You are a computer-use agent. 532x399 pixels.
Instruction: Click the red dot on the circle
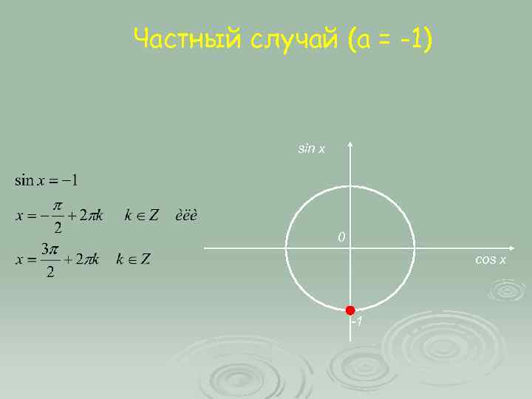click(x=350, y=310)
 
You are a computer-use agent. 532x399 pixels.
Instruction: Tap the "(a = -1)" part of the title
click(x=389, y=39)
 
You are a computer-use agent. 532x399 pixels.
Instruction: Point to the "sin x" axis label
click(x=311, y=149)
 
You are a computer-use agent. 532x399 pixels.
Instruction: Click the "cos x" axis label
click(x=491, y=260)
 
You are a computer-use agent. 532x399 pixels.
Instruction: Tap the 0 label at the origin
click(x=341, y=237)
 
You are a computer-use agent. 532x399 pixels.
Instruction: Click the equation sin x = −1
click(x=47, y=180)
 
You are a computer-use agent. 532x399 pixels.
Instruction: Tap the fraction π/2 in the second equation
click(x=58, y=215)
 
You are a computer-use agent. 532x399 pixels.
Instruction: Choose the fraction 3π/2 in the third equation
click(x=49, y=261)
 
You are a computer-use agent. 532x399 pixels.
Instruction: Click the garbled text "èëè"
click(x=185, y=216)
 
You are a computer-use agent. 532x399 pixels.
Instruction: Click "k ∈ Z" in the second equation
click(x=141, y=216)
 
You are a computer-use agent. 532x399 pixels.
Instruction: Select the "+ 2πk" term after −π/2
click(x=88, y=216)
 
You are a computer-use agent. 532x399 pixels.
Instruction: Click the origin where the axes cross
click(x=351, y=248)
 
